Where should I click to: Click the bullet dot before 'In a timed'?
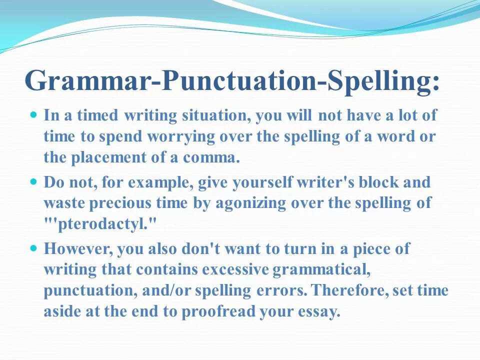tap(34, 115)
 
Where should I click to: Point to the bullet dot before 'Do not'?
tap(34, 181)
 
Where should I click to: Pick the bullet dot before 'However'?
tap(34, 247)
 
